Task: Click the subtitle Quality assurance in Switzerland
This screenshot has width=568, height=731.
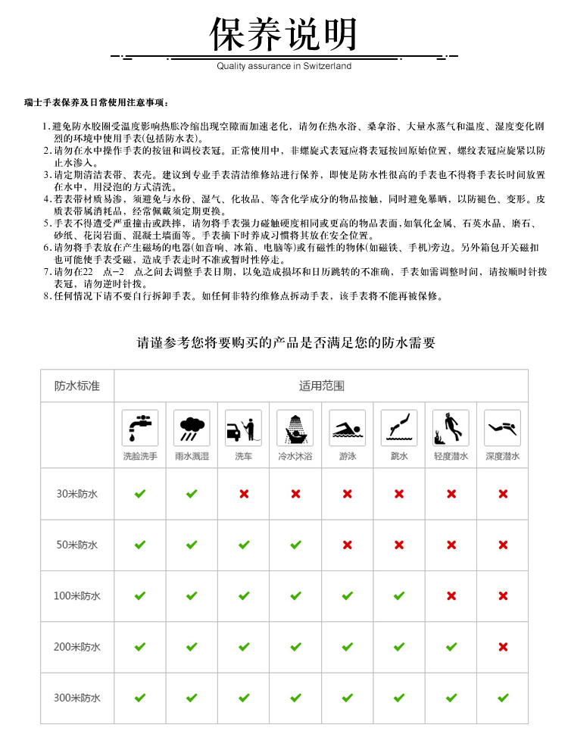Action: click(x=284, y=66)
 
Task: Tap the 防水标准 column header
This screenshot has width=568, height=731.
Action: click(x=77, y=386)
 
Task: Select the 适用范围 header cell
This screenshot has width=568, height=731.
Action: click(x=321, y=386)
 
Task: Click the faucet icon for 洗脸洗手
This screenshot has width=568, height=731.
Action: click(x=140, y=428)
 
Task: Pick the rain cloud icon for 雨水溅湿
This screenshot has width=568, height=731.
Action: click(x=192, y=428)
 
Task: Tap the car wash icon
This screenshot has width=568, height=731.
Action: click(x=244, y=428)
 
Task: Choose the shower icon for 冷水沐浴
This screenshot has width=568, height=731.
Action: click(x=295, y=428)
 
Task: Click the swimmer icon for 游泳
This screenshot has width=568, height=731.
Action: click(x=347, y=428)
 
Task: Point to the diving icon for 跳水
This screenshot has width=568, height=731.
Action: click(x=399, y=428)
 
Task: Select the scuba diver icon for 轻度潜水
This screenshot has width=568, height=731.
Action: click(x=451, y=428)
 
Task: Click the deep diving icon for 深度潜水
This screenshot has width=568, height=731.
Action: click(x=503, y=428)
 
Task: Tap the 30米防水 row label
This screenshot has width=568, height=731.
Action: click(x=77, y=494)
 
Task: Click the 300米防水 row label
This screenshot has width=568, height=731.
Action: click(x=77, y=698)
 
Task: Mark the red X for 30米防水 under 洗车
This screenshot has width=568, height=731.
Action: click(x=244, y=494)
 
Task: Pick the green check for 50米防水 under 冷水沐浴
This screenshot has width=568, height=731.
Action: click(x=295, y=545)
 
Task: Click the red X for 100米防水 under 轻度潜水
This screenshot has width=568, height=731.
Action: click(x=451, y=595)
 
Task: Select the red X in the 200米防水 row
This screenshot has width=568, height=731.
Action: click(x=503, y=647)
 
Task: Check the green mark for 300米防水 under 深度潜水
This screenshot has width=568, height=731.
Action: click(x=503, y=698)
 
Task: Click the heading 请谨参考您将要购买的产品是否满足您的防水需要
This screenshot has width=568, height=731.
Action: click(x=286, y=342)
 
